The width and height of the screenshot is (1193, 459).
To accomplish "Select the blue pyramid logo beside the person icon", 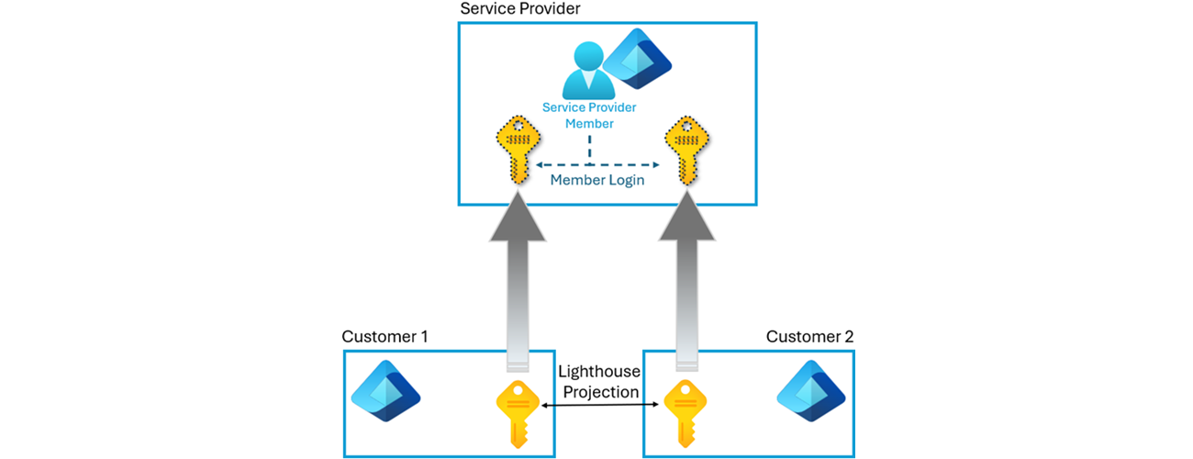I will click(641, 59).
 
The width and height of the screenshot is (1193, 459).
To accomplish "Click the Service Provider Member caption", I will click(589, 115).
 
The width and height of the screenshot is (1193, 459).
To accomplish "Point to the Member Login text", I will click(597, 180).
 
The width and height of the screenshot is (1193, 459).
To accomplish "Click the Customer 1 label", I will click(385, 337).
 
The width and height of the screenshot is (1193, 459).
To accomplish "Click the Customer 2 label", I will click(809, 337).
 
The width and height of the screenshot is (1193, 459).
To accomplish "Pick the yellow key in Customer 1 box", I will click(516, 412).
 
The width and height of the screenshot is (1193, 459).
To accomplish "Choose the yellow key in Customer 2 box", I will click(684, 412).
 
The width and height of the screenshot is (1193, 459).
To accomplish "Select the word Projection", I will click(600, 392).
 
